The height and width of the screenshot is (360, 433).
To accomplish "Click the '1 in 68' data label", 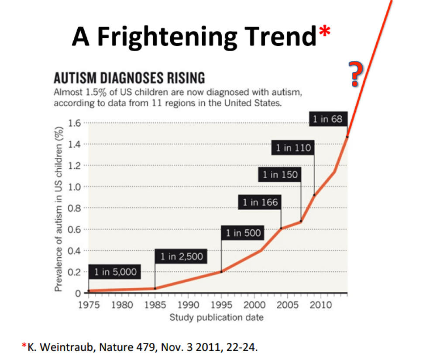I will [x=328, y=118].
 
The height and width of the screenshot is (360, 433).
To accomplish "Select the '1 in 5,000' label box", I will [x=115, y=272].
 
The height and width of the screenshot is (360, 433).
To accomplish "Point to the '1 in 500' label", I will [x=243, y=233].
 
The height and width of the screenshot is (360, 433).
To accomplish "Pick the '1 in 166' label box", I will [x=260, y=202].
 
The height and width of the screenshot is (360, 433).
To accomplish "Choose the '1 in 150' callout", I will [x=280, y=175].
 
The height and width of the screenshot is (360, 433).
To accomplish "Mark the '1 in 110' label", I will [x=293, y=148].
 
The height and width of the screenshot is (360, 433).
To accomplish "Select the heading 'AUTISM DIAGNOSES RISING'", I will [x=129, y=79].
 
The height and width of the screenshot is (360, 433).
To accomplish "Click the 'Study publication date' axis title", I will [x=216, y=317].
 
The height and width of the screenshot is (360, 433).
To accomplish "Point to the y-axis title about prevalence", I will [x=58, y=207].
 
